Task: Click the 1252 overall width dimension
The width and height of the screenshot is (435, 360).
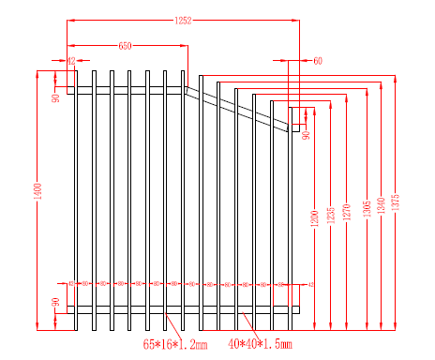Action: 183,20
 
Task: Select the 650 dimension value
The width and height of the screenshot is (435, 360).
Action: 125,45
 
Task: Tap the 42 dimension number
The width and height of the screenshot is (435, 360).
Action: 71,61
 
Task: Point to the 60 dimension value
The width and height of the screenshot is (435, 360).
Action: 317,61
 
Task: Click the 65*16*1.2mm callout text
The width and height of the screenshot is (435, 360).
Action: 174,346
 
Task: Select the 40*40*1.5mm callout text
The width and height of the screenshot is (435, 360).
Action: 261,346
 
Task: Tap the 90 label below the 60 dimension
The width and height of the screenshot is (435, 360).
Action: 306,135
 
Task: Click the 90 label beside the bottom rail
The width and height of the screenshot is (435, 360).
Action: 56,304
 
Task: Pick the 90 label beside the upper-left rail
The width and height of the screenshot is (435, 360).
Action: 56,97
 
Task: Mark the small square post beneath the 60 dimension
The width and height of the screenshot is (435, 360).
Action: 299,117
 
